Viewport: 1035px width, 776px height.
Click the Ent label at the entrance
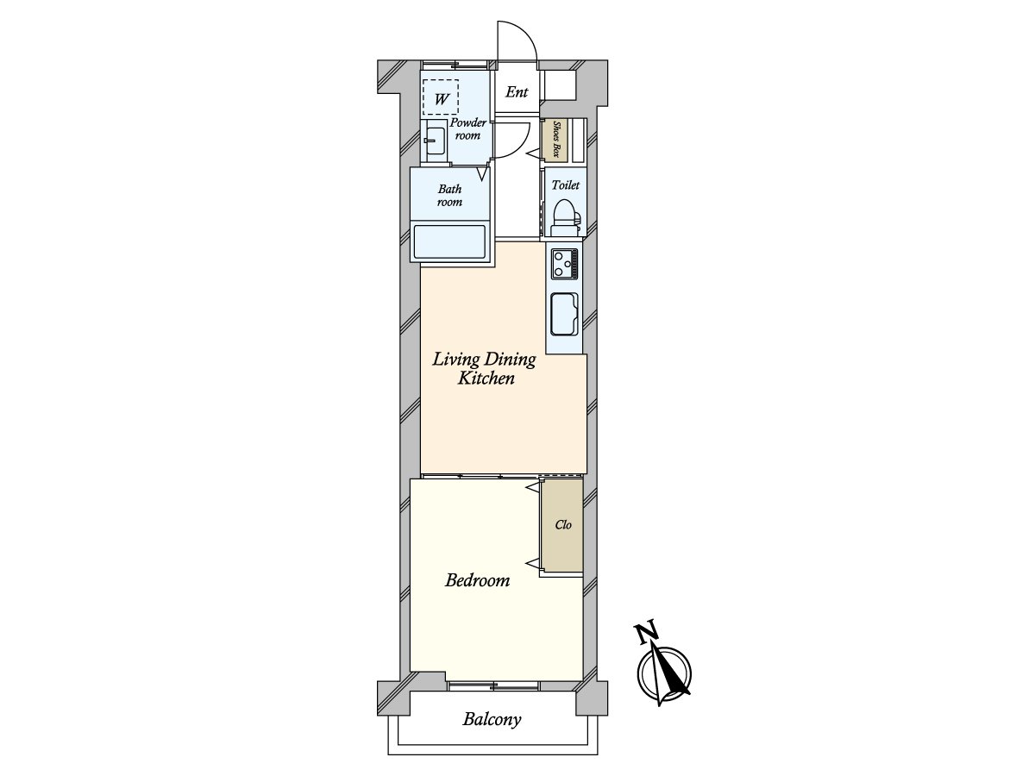coord(517,92)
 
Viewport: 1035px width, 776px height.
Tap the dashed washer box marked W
coord(441,97)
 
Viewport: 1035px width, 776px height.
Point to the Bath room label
coord(449,196)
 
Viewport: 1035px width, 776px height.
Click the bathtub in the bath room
coord(450,241)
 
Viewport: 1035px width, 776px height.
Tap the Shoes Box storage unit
coord(556,140)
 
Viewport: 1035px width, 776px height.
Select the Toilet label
coord(565,185)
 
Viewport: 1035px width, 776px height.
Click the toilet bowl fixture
coord(564,215)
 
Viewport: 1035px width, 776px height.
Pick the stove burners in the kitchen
coord(564,262)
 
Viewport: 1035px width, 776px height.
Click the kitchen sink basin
coord(564,312)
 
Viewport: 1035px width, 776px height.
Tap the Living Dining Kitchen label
coord(485,368)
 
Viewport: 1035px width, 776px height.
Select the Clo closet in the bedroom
coord(562,524)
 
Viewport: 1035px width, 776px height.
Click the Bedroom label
coord(477,580)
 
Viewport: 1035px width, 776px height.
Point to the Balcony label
coord(492,719)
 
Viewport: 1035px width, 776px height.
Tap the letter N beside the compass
coord(644,634)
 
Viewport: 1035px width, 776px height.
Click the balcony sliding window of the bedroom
coord(494,685)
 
